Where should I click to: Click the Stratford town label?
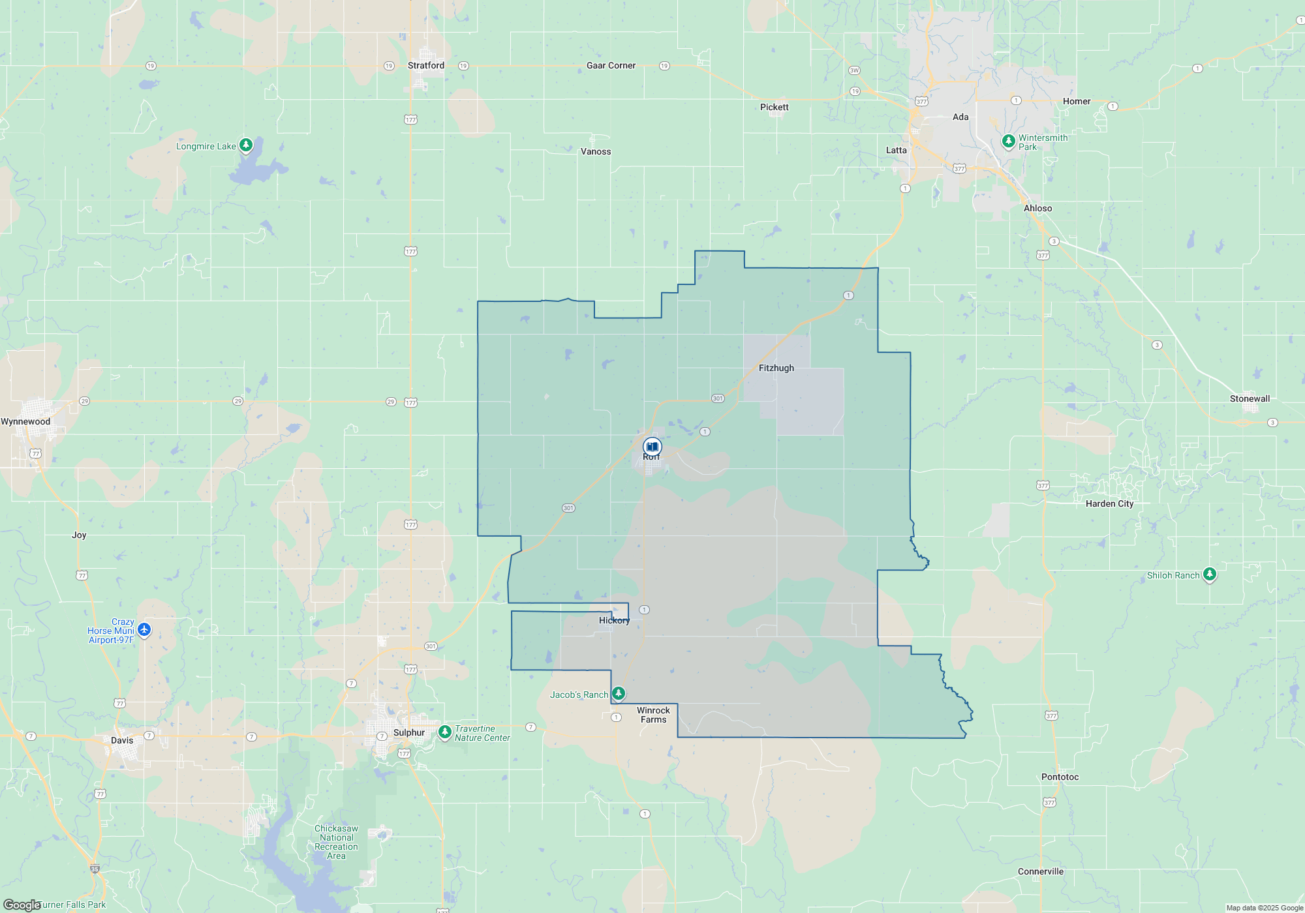[x=425, y=65]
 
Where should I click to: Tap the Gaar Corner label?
[x=611, y=65]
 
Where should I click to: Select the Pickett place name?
[x=774, y=107]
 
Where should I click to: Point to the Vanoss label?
[x=596, y=151]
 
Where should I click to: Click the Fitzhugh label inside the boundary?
[x=776, y=368]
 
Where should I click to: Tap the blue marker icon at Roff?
[x=652, y=447]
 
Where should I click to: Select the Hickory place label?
[x=614, y=620]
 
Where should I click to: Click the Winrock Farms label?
[x=653, y=715]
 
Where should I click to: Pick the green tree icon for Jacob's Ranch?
[x=619, y=693]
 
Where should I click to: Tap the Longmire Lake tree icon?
[x=246, y=145]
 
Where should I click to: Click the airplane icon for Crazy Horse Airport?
[x=144, y=630]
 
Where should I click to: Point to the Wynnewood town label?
[x=25, y=421]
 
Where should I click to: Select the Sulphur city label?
[x=409, y=732]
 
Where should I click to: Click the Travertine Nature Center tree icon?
[x=445, y=732]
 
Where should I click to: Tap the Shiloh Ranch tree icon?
[x=1210, y=574]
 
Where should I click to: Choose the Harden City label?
[x=1109, y=503]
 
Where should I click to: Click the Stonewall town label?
[x=1250, y=398]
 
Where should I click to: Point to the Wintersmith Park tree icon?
[x=1008, y=141]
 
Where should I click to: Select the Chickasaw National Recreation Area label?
[x=336, y=842]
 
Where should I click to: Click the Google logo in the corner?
[x=22, y=905]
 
